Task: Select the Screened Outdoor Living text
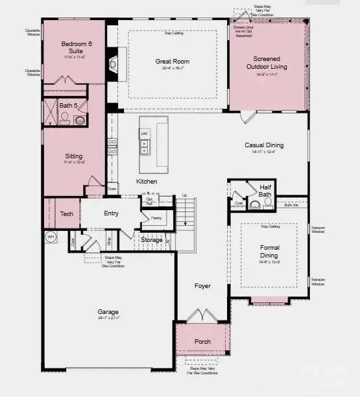pos(270,62)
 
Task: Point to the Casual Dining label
pos(263,145)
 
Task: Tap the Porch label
pos(202,341)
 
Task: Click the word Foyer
pos(203,285)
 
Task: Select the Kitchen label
pos(147,182)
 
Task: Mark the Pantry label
pos(156,218)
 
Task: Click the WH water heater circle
pos(51,237)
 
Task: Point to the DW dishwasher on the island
pos(144,134)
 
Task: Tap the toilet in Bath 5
pos(64,118)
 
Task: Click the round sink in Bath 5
pos(80,120)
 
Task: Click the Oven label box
pos(112,189)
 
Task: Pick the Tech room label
pos(67,213)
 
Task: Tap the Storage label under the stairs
pos(152,240)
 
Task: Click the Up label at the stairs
pos(184,195)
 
